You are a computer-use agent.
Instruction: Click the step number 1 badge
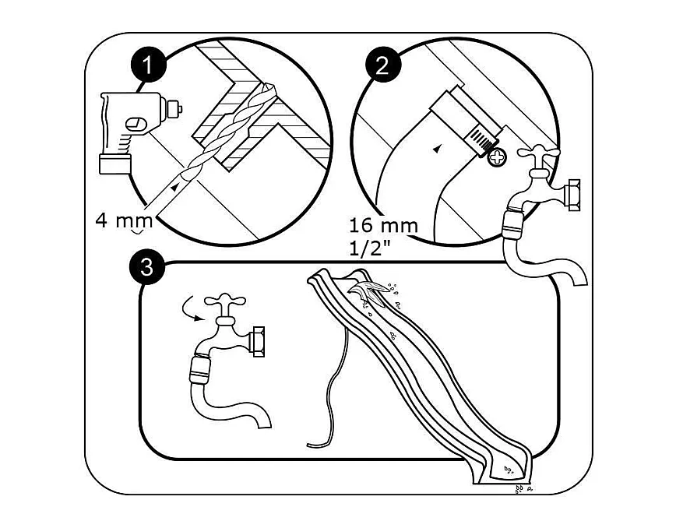(x=148, y=65)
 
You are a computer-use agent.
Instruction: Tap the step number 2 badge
(x=383, y=66)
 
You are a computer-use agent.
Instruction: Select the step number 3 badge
(x=147, y=267)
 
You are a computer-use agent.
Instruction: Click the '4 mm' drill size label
(x=124, y=220)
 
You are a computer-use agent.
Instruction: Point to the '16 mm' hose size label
(x=383, y=226)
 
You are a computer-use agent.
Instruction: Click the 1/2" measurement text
(x=369, y=248)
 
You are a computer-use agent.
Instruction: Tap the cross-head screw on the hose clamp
(x=497, y=157)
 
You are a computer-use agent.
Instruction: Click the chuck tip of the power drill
(x=174, y=109)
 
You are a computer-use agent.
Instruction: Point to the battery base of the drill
(x=115, y=164)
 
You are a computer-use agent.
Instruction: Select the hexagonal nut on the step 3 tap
(x=257, y=341)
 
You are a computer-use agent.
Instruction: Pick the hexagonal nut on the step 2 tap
(x=572, y=195)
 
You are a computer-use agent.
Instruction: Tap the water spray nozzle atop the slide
(x=369, y=290)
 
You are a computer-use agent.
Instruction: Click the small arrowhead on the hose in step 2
(x=438, y=148)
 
